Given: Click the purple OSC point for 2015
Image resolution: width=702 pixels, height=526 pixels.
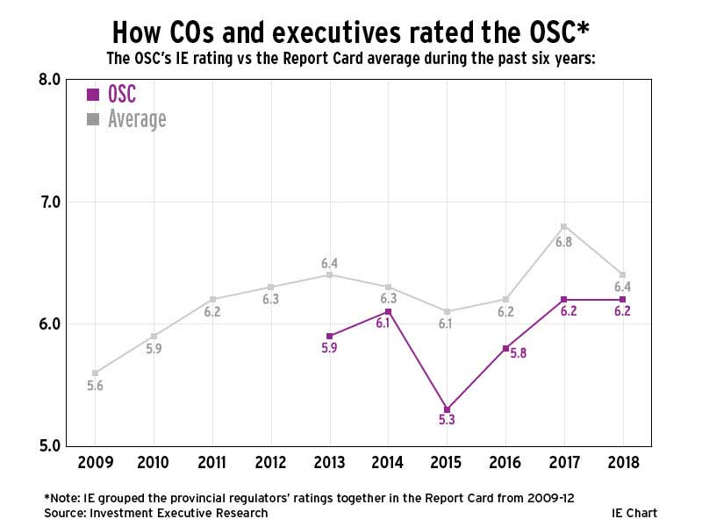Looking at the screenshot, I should click(x=447, y=409).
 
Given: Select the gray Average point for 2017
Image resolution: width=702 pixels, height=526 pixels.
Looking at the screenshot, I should click(x=564, y=226).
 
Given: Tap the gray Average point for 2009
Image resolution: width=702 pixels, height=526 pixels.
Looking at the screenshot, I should click(x=95, y=373).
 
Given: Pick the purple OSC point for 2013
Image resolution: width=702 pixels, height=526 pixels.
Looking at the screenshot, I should click(x=330, y=336).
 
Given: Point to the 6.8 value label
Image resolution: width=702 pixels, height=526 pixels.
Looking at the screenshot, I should click(x=563, y=242).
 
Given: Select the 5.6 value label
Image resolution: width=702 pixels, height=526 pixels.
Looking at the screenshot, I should click(x=95, y=386).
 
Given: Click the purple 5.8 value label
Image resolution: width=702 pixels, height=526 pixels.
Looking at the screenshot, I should click(x=518, y=354).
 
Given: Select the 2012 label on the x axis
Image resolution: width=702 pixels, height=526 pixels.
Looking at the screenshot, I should click(x=271, y=462).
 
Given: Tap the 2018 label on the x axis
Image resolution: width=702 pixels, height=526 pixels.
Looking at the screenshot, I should click(x=622, y=462).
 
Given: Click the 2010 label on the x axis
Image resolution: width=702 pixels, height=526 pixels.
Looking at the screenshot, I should click(x=154, y=462).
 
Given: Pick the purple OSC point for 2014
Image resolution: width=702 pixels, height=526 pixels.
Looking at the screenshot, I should click(x=389, y=311).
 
